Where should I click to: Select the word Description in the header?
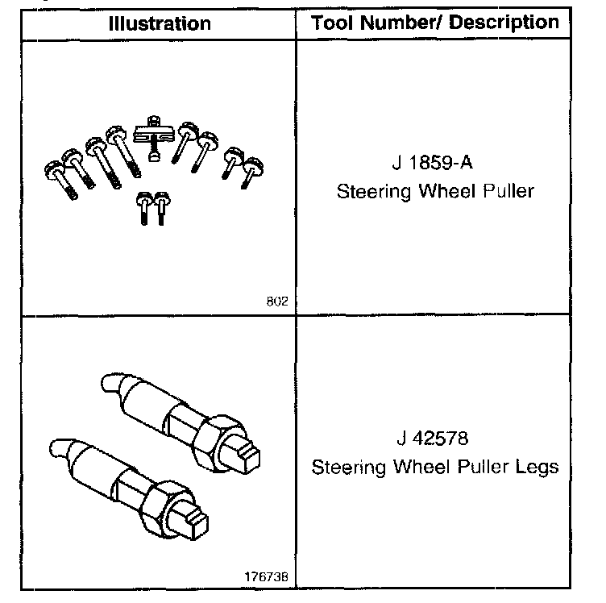pyautogui.click(x=504, y=22)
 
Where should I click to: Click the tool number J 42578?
pyautogui.click(x=433, y=439)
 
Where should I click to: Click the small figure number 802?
pyautogui.click(x=276, y=303)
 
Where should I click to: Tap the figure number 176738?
pyautogui.click(x=265, y=578)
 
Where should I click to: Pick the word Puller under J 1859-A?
pyautogui.click(x=504, y=193)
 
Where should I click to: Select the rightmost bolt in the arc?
pyautogui.click(x=252, y=169)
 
